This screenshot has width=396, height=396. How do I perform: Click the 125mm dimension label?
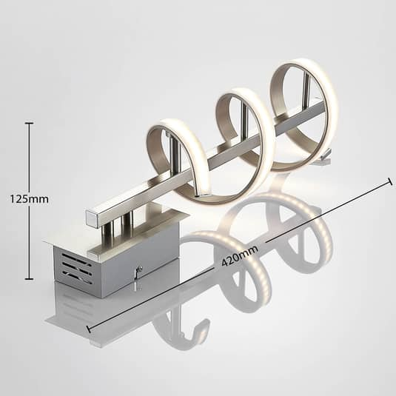point(30,199)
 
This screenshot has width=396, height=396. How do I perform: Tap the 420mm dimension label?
point(240,256)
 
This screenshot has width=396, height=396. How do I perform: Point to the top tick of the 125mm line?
point(30,123)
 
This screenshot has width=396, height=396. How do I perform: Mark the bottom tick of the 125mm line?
point(30,279)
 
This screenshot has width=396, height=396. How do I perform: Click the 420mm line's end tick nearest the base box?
point(89,329)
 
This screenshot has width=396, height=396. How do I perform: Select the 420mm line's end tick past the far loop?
point(390,181)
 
